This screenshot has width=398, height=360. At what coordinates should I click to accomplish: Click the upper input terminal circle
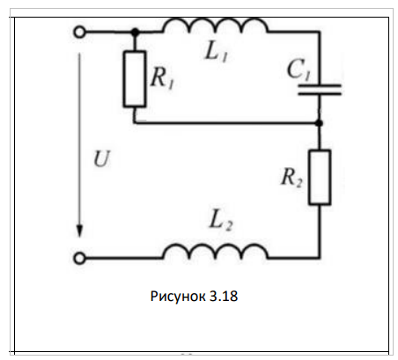[x=79, y=32]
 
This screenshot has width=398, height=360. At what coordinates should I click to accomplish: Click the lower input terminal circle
[x=79, y=259]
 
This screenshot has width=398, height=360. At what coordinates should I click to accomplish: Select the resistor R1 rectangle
[x=135, y=79]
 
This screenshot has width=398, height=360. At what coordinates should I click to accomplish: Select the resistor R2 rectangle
[x=320, y=177]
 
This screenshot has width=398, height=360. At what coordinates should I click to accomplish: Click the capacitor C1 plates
[x=320, y=90]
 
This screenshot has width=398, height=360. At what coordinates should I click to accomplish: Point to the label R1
[x=162, y=78]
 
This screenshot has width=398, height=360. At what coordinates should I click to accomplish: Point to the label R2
[x=291, y=178]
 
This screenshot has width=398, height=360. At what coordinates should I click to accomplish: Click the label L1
[x=216, y=53]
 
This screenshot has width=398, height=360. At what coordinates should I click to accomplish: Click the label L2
[x=221, y=221]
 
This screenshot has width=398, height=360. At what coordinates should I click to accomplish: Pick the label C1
[x=298, y=70]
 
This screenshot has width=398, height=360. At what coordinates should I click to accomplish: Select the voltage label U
[x=101, y=159]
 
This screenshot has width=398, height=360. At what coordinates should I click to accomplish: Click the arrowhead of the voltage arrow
[x=79, y=231]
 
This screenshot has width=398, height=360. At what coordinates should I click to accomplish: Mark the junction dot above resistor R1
[x=135, y=32]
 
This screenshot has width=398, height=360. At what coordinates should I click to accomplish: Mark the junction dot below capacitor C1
[x=320, y=123]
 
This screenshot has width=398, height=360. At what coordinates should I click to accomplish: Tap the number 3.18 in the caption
[x=224, y=296]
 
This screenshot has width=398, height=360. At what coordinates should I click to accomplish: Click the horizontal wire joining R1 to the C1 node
[x=226, y=123]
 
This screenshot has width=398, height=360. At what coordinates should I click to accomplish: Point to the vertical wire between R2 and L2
[x=320, y=231]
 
